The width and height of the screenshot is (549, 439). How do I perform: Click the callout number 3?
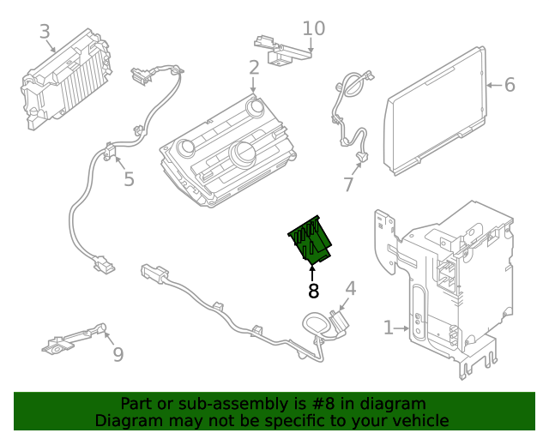pyautogui.click(x=45, y=33)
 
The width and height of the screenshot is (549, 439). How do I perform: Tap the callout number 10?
pyautogui.click(x=314, y=28)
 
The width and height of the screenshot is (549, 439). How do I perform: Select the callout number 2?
pyautogui.click(x=254, y=68)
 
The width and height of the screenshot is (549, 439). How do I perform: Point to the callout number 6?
pyautogui.click(x=510, y=85)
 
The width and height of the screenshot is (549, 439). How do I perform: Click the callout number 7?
pyautogui.click(x=348, y=184)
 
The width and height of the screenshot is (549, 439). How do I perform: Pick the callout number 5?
pyautogui.click(x=129, y=179)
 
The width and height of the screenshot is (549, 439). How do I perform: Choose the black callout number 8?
pyautogui.click(x=313, y=292)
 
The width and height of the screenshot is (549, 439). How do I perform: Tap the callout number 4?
pyautogui.click(x=350, y=288)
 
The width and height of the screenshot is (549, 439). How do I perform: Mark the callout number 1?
pyautogui.click(x=389, y=328)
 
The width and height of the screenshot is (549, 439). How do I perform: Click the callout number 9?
pyautogui.click(x=118, y=353)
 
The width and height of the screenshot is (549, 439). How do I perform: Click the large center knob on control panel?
pyautogui.click(x=243, y=155)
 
